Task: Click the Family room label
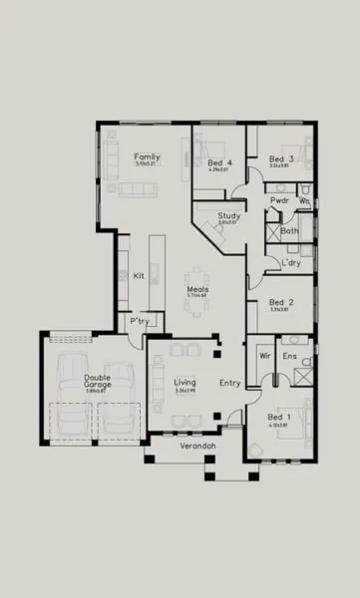tap(148, 157)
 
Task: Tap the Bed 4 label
tap(219, 162)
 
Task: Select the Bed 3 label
tap(280, 159)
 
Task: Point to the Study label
tap(228, 215)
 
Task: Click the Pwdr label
tap(279, 200)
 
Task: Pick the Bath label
tap(289, 231)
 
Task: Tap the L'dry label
tap(291, 263)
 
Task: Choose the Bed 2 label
tap(280, 302)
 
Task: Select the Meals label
tap(197, 290)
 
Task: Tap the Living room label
tap(184, 382)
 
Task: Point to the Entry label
tap(230, 382)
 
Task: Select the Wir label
tap(265, 355)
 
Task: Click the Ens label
tap(290, 355)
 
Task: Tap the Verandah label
tap(196, 446)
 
